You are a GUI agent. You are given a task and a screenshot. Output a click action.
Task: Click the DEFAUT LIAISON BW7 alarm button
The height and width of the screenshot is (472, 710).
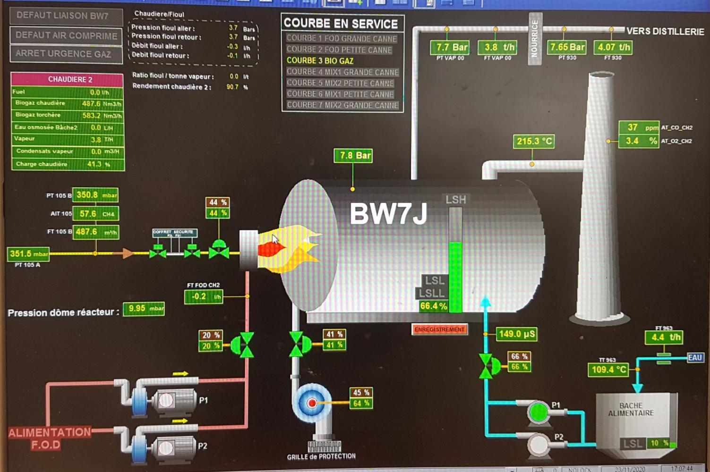click(x=66, y=16)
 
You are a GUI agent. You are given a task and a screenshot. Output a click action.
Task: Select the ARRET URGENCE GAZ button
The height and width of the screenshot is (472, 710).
click(x=66, y=54)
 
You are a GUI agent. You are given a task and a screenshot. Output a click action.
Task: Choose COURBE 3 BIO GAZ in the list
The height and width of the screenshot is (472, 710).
click(x=320, y=61)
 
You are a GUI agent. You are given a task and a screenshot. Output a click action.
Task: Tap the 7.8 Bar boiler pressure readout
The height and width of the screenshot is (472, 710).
click(x=353, y=156)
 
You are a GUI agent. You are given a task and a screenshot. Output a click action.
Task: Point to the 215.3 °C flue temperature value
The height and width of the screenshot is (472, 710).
click(x=534, y=141)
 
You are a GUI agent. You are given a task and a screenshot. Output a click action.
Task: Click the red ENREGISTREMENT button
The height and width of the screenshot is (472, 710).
click(x=439, y=329)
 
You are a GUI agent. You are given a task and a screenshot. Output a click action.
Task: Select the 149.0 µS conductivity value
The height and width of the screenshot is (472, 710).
click(x=516, y=334)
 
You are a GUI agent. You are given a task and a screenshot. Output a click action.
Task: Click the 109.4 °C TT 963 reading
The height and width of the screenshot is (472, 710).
click(x=608, y=370)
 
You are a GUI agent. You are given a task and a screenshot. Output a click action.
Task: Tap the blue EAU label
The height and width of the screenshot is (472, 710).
click(x=694, y=357)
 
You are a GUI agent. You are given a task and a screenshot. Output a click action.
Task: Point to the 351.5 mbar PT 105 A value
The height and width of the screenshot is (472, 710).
click(x=28, y=254)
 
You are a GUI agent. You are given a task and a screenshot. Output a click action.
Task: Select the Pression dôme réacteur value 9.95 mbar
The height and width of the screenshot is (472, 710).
click(x=144, y=309)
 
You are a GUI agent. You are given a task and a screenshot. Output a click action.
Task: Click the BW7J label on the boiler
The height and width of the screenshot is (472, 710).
click(x=388, y=214)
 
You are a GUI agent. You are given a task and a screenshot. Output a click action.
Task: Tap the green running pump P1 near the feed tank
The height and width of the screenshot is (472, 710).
click(x=538, y=412)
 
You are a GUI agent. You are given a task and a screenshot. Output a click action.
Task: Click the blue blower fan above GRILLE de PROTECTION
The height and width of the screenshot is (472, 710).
click(x=311, y=403)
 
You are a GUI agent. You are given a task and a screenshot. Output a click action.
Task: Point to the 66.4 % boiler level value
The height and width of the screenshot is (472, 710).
click(x=433, y=306)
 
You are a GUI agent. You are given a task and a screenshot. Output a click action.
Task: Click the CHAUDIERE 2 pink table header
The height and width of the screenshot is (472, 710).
click(x=67, y=79)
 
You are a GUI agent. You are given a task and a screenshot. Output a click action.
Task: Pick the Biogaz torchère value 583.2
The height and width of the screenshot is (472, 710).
click(x=91, y=116)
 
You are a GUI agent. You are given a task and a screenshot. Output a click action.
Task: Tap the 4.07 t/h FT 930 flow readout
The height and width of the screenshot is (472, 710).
click(x=613, y=47)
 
